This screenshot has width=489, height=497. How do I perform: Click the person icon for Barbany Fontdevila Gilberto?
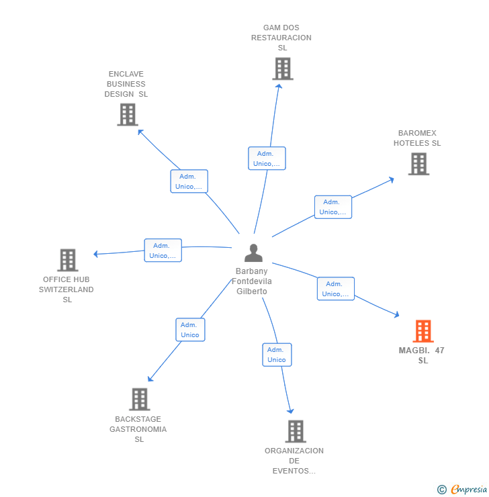(253, 253)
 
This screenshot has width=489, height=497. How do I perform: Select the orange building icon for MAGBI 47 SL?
(423, 331)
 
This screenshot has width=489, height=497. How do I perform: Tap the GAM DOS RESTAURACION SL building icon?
(282, 69)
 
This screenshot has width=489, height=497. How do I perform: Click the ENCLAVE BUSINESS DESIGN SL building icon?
(127, 115)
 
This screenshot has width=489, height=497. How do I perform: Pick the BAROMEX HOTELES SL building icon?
(418, 164)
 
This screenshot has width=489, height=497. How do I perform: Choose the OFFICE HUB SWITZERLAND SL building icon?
(67, 260)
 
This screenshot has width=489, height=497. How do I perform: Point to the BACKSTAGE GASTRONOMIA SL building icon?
(139, 399)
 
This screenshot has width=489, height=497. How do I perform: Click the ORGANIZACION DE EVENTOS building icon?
(295, 431)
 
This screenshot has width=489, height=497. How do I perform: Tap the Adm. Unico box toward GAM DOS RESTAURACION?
(267, 159)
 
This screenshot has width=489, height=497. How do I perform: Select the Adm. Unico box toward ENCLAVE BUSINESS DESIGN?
(189, 181)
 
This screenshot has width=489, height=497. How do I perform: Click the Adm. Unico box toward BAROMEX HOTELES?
(332, 207)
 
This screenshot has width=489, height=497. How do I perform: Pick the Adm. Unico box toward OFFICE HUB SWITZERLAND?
(163, 251)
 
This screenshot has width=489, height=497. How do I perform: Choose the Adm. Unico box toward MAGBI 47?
(335, 289)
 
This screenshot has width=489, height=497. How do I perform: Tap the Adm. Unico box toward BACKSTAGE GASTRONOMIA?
(190, 330)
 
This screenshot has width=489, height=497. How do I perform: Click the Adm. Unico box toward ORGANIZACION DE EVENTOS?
(277, 355)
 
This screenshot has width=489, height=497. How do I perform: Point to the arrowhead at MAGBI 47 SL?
(397, 314)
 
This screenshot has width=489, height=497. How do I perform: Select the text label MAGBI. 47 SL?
(422, 355)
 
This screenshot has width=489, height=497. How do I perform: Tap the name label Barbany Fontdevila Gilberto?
(253, 281)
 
